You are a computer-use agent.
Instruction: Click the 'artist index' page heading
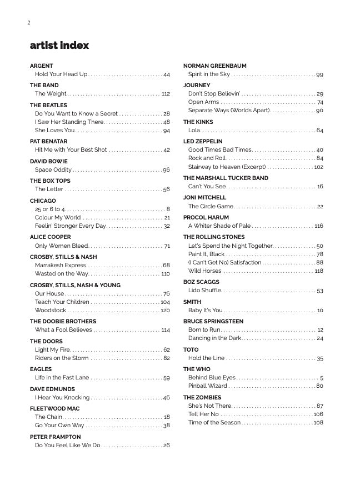point(59,46)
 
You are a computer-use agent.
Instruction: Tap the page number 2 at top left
point(28,23)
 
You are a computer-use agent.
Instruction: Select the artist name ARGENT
point(42,66)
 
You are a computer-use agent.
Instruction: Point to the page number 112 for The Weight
point(166,94)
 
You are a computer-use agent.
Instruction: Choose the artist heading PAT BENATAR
point(48,142)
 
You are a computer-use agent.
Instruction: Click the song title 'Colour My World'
point(58,218)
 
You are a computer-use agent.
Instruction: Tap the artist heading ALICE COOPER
point(51,237)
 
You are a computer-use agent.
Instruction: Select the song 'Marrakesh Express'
point(61,266)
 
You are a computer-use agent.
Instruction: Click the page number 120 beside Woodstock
point(165,311)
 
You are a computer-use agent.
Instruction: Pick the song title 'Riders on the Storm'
point(62,358)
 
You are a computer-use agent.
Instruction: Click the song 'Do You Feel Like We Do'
point(68,446)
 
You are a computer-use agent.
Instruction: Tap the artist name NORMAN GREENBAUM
point(215,66)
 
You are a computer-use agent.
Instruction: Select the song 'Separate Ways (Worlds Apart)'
point(229,111)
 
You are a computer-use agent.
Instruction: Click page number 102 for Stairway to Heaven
point(318,167)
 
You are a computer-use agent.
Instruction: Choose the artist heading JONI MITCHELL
point(205,198)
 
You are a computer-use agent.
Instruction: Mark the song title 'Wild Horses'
point(204,271)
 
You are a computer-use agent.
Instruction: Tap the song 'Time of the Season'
point(214,423)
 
